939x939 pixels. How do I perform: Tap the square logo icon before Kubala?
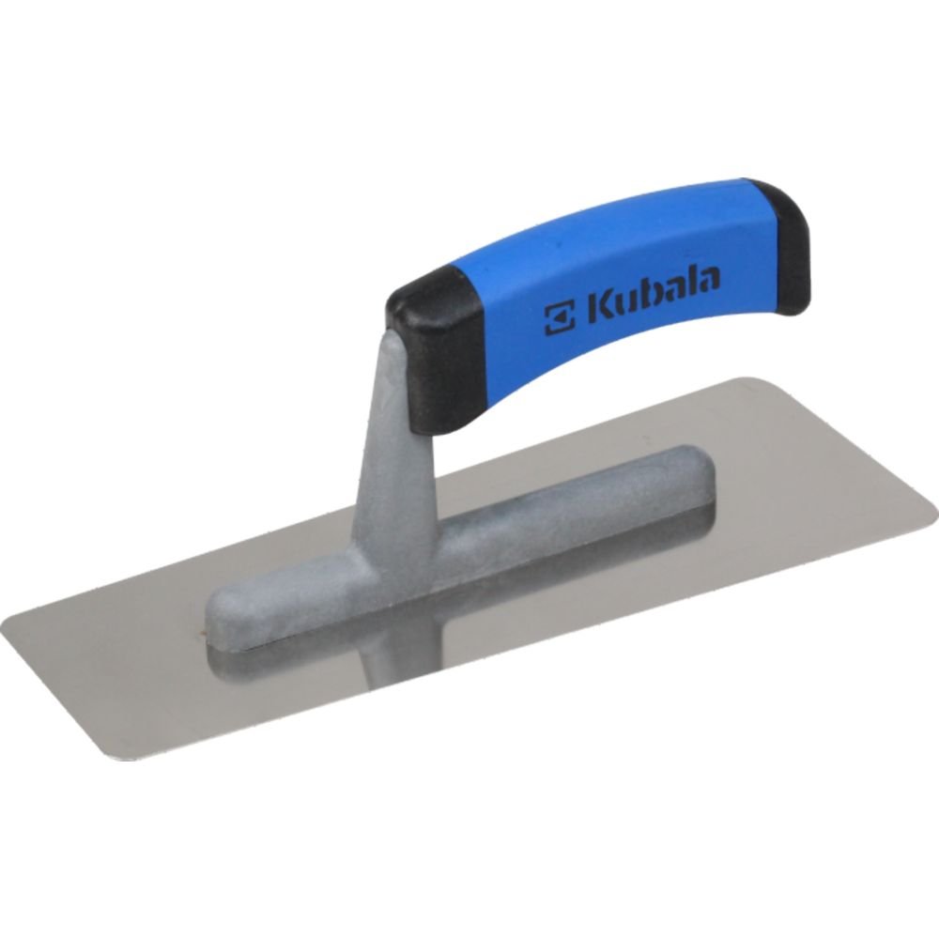tap(560, 317)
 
